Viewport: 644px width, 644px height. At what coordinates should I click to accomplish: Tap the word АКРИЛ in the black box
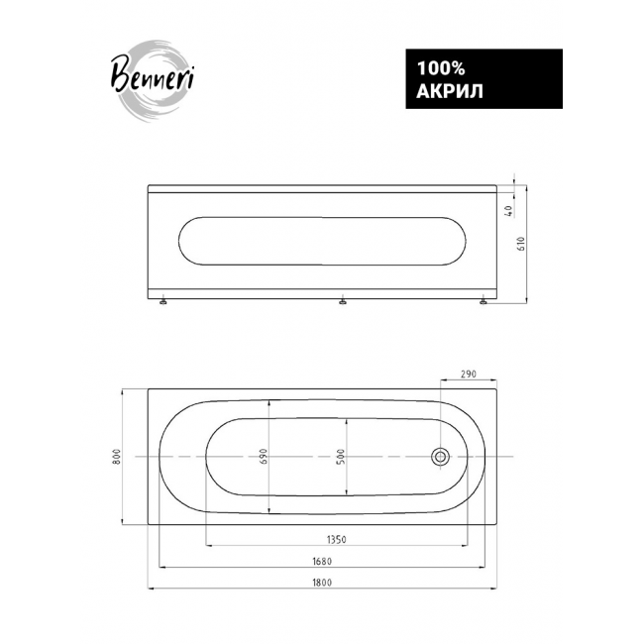click(x=450, y=91)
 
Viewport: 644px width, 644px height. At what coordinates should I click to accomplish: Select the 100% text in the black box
click(x=441, y=68)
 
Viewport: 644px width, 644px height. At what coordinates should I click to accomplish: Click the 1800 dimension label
click(x=322, y=582)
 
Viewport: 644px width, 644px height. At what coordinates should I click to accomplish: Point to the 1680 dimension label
click(x=322, y=561)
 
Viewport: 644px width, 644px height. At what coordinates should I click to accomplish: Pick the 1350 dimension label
click(x=337, y=539)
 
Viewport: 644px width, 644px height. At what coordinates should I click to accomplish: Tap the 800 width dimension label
click(x=117, y=457)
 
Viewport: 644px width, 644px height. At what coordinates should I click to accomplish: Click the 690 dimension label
click(x=263, y=457)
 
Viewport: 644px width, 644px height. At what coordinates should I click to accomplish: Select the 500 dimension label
click(x=341, y=457)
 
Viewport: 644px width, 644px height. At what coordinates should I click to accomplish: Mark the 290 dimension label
click(x=469, y=374)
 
